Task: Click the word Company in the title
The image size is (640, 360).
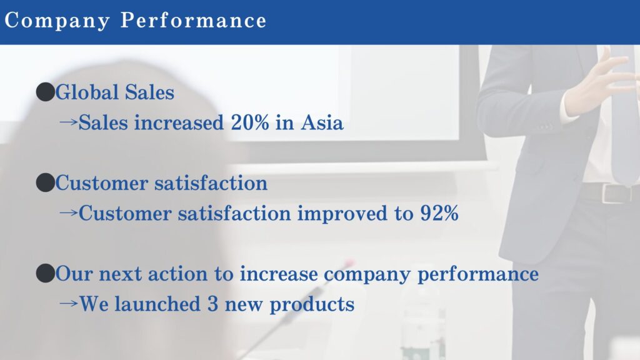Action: [57, 21]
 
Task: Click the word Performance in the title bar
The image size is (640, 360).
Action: [194, 20]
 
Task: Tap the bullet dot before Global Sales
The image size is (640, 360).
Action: [45, 92]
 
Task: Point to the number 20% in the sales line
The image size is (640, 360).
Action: [250, 122]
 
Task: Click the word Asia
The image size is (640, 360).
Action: [322, 122]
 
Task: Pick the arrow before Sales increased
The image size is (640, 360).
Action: [68, 122]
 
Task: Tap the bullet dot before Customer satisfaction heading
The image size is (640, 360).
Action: [45, 182]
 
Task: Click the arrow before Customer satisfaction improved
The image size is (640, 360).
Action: [68, 212]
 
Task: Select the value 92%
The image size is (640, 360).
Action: [439, 212]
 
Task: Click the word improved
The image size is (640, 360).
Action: [342, 214]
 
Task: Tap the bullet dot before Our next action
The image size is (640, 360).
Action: [45, 273]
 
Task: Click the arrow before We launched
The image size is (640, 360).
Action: [68, 303]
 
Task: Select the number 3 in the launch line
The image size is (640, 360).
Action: [212, 304]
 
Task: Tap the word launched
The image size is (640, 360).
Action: [157, 304]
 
